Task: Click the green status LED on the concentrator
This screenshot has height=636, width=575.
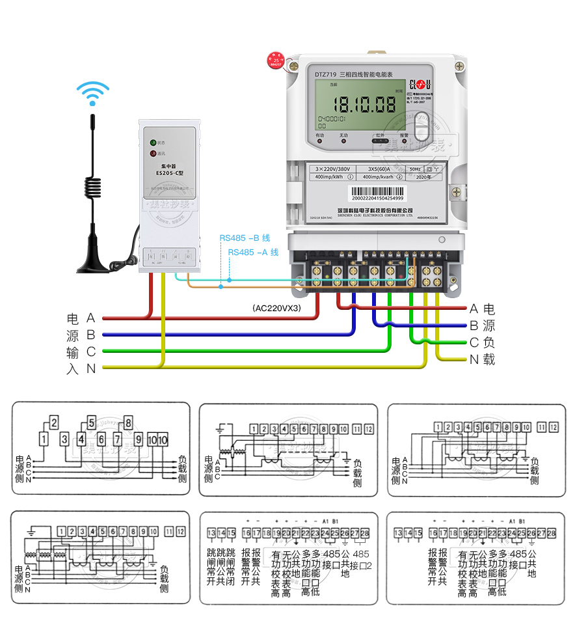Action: coord(154,142)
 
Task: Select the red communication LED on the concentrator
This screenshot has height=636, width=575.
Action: coord(154,154)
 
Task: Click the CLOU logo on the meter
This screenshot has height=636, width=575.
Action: coord(420,83)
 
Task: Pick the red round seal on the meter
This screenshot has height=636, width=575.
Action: coord(276,61)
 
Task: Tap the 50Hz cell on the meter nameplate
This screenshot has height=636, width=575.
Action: coord(414,169)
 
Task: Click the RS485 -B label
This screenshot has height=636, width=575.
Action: coord(245,238)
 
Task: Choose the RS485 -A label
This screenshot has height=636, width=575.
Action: coord(253,252)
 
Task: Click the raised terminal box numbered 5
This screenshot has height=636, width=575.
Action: coord(91,422)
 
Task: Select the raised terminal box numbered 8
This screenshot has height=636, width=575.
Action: coord(128,422)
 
